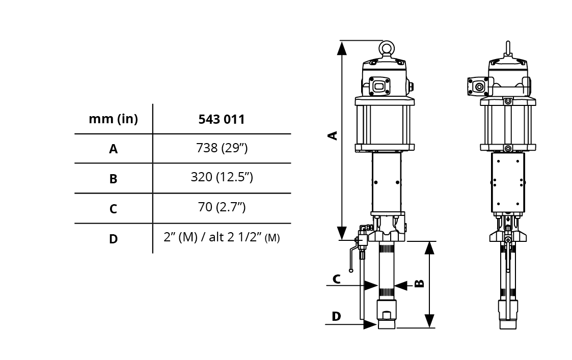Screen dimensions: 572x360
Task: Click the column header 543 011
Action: [222, 119]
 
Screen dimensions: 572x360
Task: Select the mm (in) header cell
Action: [114, 119]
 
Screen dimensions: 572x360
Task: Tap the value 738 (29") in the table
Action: [222, 148]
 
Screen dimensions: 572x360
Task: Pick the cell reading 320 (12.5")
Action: [222, 177]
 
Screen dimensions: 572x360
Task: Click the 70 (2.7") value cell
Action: [222, 207]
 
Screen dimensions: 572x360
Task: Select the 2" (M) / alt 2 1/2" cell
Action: [222, 237]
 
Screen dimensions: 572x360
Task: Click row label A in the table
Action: [114, 149]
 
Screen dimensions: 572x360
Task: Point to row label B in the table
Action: [114, 179]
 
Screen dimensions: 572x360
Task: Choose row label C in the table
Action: [114, 209]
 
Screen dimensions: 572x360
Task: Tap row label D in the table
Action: [114, 239]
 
